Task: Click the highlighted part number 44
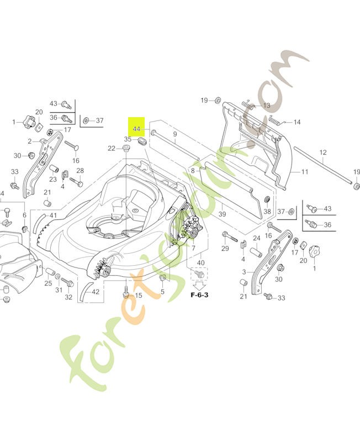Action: tap(136, 128)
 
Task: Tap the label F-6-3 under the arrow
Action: tap(199, 294)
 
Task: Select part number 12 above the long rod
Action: tap(323, 152)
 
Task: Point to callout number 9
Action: tap(174, 134)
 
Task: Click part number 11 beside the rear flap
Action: tap(304, 171)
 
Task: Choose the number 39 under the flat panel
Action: tap(223, 214)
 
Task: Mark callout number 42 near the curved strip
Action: tap(96, 292)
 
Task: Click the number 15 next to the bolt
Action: tap(138, 295)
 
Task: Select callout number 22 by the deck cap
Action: tap(111, 148)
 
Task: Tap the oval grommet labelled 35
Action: tap(141, 141)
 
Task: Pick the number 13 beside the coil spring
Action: tap(266, 105)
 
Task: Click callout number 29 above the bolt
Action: tap(225, 249)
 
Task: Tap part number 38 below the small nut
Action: tap(267, 212)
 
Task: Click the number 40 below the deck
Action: tap(200, 262)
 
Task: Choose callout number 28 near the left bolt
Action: tap(80, 170)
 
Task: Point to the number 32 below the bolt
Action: tap(68, 297)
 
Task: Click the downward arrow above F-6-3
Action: tap(199, 284)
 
